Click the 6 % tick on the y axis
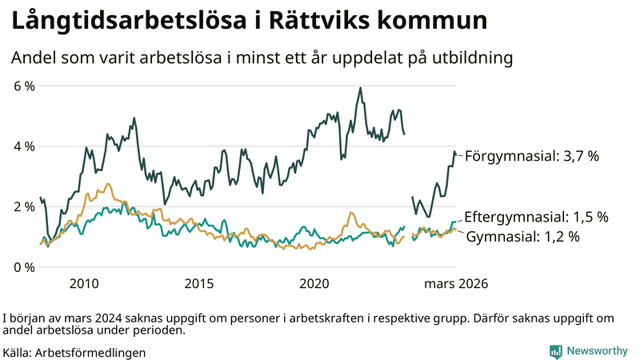coord(24,86)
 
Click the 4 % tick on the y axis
coord(24,146)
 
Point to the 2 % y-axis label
coord(24,206)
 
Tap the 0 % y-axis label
coord(24,266)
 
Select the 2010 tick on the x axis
coord(84,284)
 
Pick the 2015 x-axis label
coord(199,284)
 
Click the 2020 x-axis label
coord(314,284)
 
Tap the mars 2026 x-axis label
coord(456,284)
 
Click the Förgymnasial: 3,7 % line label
coord(531,157)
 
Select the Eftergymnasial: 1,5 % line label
coord(536,217)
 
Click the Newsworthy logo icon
coord(555,351)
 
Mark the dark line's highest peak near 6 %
coord(360,88)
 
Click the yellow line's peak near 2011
coord(108,184)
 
